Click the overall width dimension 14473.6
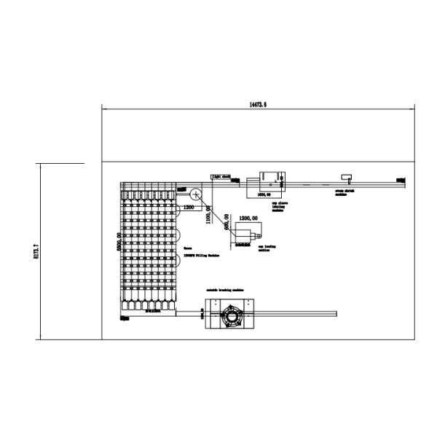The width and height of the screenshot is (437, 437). tap(258, 106)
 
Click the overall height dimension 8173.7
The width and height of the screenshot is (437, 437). tap(36, 251)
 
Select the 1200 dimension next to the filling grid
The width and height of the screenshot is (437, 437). tap(189, 208)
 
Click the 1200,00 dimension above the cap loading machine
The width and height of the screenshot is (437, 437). tap(250, 218)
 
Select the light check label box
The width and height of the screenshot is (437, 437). tap(221, 176)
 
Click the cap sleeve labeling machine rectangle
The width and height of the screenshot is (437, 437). tap(269, 178)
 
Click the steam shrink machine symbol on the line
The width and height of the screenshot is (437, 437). tap(347, 177)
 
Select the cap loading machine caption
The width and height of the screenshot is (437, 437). tap(266, 248)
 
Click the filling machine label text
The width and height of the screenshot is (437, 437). tap(201, 256)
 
